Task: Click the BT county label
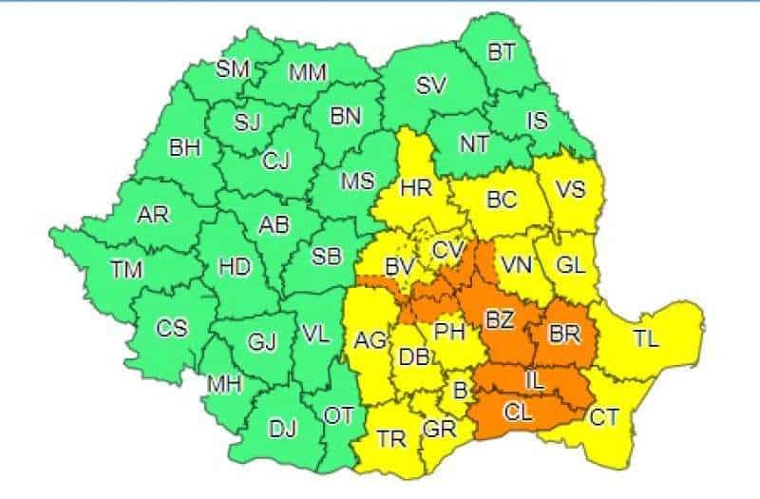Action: click(501, 53)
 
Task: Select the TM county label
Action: click(125, 270)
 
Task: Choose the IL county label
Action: click(535, 380)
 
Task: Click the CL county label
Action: click(519, 413)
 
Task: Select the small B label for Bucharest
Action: click(461, 389)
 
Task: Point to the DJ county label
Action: click(282, 429)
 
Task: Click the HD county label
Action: click(234, 269)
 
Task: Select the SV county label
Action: click(430, 84)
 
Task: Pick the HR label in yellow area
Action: click(416, 187)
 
